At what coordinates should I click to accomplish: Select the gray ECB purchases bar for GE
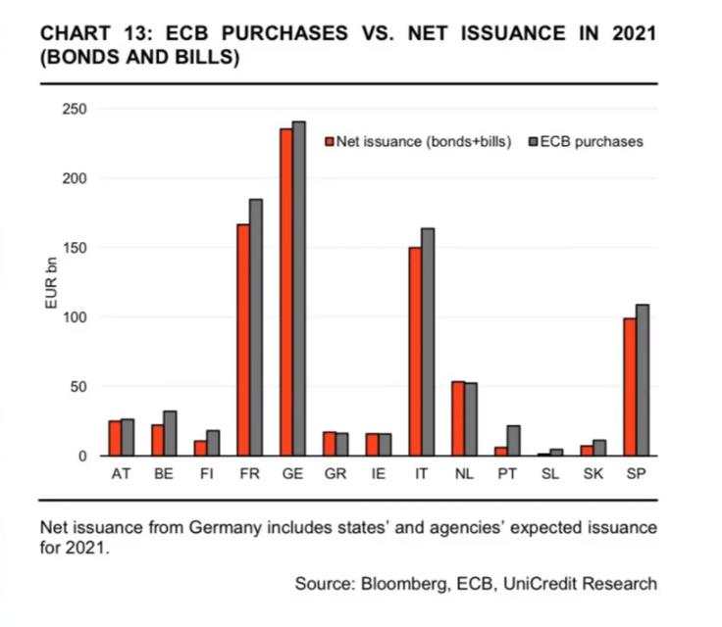[x=299, y=289]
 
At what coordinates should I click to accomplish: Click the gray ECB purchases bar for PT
[x=513, y=441]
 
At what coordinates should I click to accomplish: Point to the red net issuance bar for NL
[x=458, y=418]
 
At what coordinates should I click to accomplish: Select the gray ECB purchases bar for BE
[x=170, y=433]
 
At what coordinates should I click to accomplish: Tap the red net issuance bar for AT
[x=115, y=438]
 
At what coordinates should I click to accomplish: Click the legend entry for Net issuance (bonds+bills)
[x=417, y=141]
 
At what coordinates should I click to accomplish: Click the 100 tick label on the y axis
[x=75, y=317]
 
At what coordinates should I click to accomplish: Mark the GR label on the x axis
[x=335, y=475]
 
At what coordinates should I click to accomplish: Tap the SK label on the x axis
[x=593, y=475]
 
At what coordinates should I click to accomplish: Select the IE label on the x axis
[x=378, y=475]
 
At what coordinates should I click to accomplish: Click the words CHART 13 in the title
[x=90, y=34]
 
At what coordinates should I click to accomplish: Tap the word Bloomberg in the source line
[x=401, y=584]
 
